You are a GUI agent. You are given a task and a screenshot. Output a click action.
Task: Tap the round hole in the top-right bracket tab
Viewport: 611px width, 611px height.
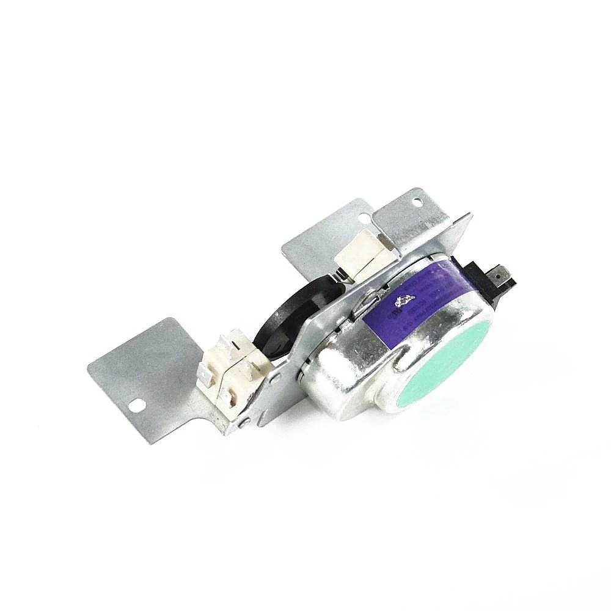click(417, 201)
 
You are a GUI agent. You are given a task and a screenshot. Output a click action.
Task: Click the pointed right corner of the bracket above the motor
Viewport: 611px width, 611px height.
click(469, 215)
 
